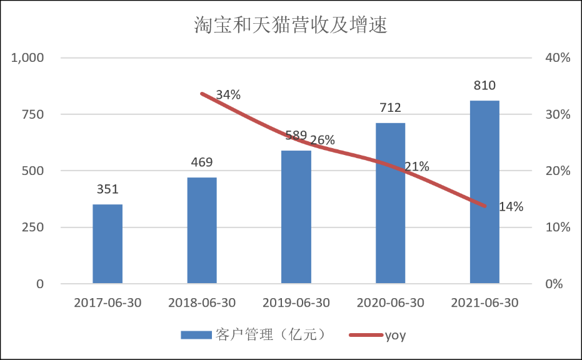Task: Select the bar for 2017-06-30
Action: point(108,244)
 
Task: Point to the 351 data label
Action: point(108,189)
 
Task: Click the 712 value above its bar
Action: point(390,108)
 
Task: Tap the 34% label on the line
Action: point(228,95)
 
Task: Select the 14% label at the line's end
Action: point(511,207)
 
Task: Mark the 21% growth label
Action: point(416,167)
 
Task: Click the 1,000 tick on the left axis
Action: point(28,58)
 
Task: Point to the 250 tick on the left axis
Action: point(32,227)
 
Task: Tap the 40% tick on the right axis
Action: point(558,58)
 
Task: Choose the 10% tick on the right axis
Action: point(558,227)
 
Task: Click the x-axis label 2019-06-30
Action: point(296,303)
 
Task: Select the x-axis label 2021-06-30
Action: point(484,303)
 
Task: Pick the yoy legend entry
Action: point(395,335)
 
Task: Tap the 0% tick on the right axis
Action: point(554,284)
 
